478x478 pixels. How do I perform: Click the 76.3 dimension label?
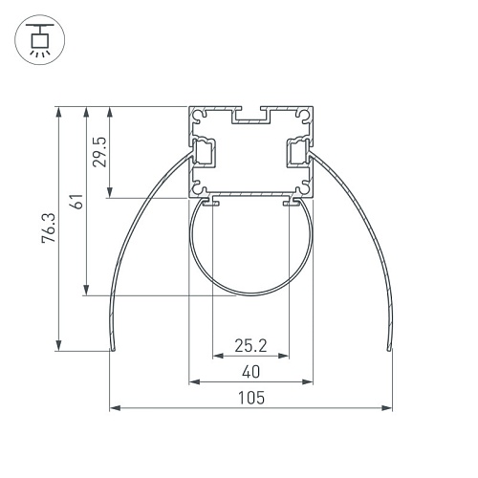(x=49, y=228)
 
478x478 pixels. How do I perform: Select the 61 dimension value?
(x=76, y=201)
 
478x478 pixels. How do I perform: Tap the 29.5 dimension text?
(x=99, y=152)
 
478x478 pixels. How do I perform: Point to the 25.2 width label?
(x=250, y=345)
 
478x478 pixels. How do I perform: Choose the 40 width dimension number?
(x=250, y=372)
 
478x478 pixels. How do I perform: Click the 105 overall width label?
(x=251, y=398)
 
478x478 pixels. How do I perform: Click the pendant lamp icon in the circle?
(x=40, y=40)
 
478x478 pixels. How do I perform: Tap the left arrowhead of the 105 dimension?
(x=115, y=407)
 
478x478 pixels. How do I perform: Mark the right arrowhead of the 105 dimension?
(x=386, y=407)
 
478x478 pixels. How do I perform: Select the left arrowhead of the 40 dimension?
(x=194, y=381)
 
